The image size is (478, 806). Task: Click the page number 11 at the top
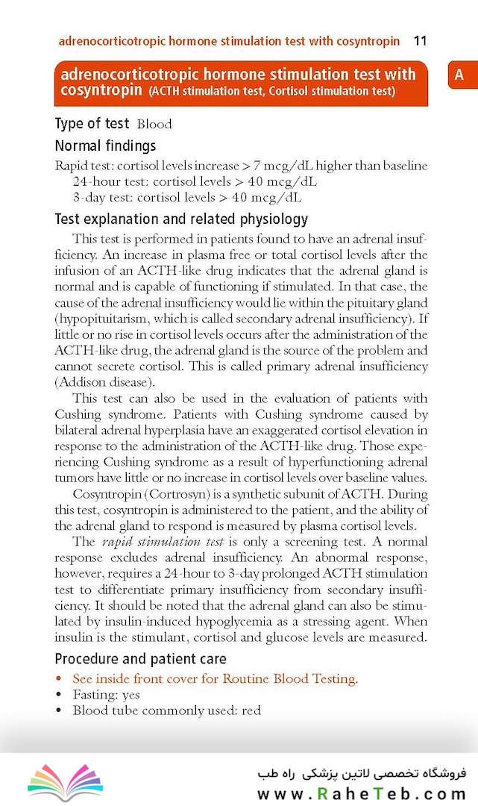tap(420, 40)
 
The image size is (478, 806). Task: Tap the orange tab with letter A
tap(459, 75)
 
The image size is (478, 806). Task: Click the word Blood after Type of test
tap(154, 124)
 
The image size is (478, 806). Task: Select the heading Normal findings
tap(105, 146)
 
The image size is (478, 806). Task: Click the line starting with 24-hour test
tap(194, 181)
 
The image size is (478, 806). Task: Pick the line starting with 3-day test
tap(187, 198)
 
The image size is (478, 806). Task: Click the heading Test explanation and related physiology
tap(181, 219)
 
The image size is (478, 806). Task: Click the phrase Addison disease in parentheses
tap(104, 382)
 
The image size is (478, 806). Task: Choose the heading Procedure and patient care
tap(140, 659)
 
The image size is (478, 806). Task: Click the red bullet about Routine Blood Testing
tap(215, 678)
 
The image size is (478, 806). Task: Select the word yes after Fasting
tap(131, 695)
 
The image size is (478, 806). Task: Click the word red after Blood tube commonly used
tap(251, 710)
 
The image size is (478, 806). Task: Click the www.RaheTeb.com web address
tap(362, 793)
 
